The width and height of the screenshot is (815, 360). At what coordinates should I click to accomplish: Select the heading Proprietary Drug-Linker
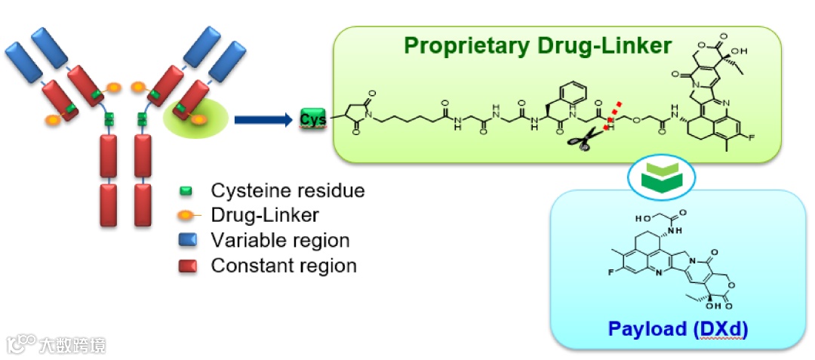click(537, 46)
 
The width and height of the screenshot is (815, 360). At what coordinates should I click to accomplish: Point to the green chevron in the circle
click(661, 174)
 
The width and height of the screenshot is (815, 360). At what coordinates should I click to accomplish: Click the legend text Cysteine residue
click(288, 190)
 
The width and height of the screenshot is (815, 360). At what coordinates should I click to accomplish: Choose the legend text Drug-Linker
click(265, 215)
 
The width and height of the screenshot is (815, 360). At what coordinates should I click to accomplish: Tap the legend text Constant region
click(284, 266)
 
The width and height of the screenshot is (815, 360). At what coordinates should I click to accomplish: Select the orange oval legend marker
click(186, 215)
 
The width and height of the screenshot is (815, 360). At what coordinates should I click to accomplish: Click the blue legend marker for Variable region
click(186, 241)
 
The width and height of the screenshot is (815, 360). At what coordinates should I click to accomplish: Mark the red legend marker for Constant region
click(186, 266)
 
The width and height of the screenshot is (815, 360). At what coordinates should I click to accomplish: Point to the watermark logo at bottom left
click(23, 343)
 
